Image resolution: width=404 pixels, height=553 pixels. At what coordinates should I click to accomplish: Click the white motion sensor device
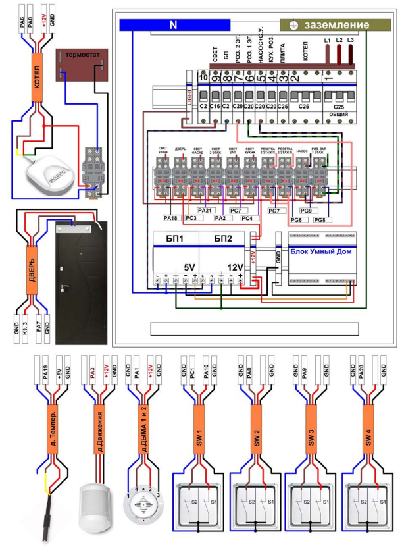point(92,507)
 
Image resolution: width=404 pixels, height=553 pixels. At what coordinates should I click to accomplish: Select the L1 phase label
point(327,41)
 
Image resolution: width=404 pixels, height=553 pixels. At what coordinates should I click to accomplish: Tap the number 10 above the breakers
point(203,78)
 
